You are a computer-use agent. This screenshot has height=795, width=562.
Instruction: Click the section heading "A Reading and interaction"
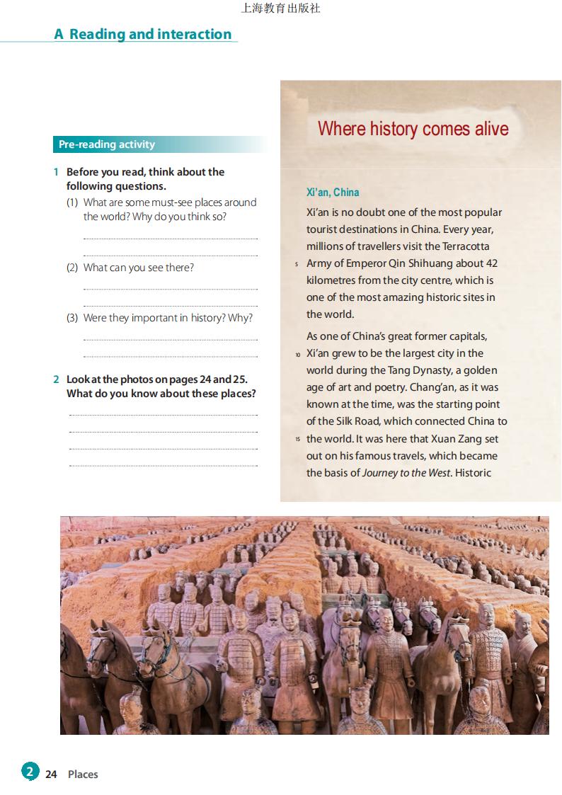click(x=143, y=34)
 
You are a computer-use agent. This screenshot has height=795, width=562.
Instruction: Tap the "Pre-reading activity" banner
click(x=107, y=144)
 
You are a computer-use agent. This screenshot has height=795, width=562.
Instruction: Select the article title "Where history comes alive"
click(x=413, y=128)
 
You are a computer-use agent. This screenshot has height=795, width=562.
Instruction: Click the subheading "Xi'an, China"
click(x=333, y=192)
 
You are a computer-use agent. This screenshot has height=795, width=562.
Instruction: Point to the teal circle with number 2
click(x=30, y=771)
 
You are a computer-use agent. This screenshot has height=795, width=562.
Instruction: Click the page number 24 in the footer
click(x=51, y=774)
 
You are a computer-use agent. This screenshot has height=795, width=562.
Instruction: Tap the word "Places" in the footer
click(x=83, y=774)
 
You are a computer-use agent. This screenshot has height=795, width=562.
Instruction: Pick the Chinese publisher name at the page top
click(x=280, y=8)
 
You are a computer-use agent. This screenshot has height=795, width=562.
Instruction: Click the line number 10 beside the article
click(x=298, y=354)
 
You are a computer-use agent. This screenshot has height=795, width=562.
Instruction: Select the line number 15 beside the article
click(x=298, y=440)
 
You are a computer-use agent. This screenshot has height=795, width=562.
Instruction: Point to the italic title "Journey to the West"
click(x=406, y=473)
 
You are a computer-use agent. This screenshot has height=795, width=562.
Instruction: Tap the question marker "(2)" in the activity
click(x=72, y=268)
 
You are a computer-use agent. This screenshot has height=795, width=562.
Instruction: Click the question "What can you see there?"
click(x=138, y=268)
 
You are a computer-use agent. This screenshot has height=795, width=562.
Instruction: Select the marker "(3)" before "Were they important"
click(x=72, y=318)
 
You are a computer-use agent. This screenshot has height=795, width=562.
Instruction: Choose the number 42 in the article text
click(x=491, y=263)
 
